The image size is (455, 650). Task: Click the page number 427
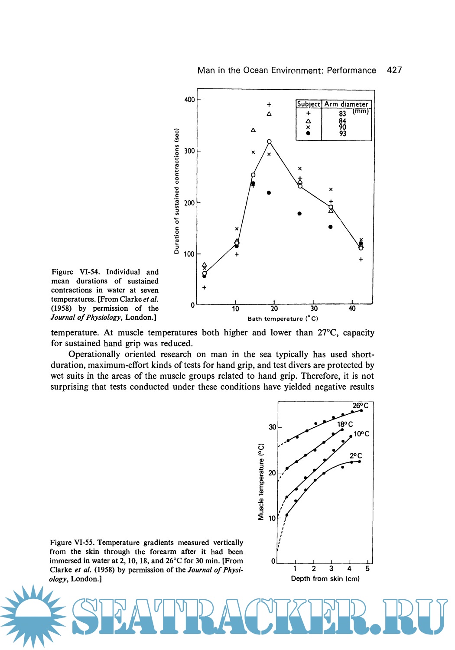[394, 70]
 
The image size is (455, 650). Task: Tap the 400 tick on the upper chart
[190, 100]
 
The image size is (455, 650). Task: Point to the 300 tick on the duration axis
[190, 151]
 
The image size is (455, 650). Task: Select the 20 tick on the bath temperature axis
[274, 309]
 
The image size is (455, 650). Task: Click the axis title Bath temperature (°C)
[283, 318]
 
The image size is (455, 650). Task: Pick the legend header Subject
[309, 104]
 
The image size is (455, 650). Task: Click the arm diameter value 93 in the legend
[343, 133]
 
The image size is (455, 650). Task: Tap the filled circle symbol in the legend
[308, 133]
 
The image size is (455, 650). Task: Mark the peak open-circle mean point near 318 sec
[269, 142]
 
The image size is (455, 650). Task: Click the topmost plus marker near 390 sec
[269, 104]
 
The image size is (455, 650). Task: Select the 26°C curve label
[360, 406]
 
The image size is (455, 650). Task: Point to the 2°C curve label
[356, 456]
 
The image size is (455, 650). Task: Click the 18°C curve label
[345, 424]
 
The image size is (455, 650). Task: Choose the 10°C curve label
[361, 434]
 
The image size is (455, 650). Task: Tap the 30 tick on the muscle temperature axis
[272, 427]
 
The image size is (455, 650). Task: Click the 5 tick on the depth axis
[367, 569]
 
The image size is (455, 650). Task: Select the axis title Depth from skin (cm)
[325, 578]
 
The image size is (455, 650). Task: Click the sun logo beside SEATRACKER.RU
[32, 616]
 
